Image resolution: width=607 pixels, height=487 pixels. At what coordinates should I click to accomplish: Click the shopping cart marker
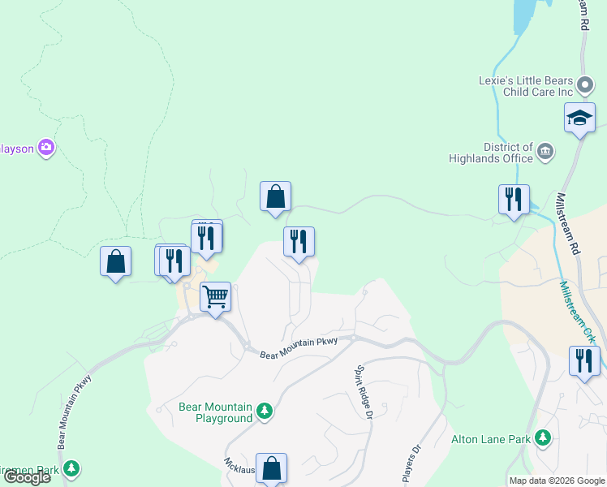[x=215, y=297]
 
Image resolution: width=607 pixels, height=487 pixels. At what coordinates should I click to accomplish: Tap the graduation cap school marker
[x=579, y=118]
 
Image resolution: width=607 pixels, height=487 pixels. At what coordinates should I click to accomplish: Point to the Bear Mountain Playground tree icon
[x=264, y=412]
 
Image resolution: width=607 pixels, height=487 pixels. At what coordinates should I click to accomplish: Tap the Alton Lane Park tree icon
[x=543, y=439]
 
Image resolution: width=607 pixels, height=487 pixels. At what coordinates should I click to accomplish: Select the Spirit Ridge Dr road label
[x=363, y=392]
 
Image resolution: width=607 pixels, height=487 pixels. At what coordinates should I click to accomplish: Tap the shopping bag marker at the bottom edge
[x=272, y=468]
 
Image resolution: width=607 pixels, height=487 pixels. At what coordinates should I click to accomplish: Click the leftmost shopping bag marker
[x=116, y=261]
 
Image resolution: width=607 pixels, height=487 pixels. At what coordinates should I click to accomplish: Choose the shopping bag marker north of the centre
[x=275, y=196]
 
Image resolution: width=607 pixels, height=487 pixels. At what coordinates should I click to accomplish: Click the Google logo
[x=26, y=477]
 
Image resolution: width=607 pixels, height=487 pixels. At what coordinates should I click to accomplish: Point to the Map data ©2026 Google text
[x=556, y=481]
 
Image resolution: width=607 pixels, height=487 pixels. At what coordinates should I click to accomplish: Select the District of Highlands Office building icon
[x=545, y=150]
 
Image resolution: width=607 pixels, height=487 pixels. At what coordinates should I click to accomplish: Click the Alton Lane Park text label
[x=491, y=440]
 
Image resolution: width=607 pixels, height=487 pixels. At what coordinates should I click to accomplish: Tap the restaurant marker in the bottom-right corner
[x=584, y=361]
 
